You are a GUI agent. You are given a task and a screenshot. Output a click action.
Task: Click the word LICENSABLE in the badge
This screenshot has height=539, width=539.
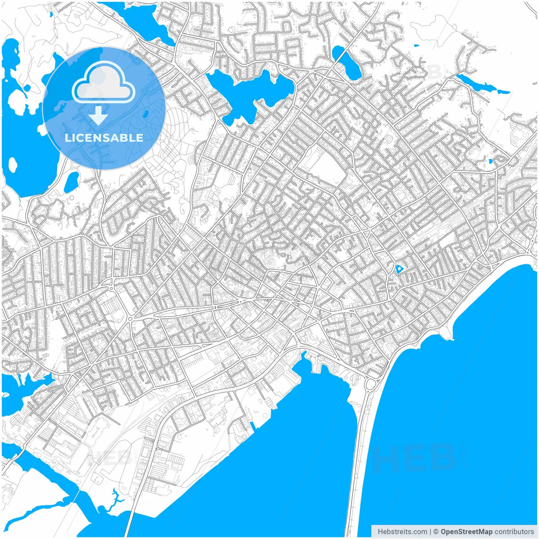tap(104, 138)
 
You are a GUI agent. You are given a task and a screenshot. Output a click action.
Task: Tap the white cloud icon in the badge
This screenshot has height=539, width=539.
tap(104, 83)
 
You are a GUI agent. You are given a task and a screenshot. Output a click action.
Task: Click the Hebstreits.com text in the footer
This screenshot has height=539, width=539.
tap(402, 532)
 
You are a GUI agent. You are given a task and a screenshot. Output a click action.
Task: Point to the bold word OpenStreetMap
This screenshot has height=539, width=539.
tap(466, 532)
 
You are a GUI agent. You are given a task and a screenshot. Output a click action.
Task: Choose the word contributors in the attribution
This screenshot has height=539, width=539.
tap(514, 532)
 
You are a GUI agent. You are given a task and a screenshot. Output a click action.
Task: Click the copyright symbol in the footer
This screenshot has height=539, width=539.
tap(436, 532)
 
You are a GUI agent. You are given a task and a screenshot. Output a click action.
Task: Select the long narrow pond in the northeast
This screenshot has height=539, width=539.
tap(478, 83)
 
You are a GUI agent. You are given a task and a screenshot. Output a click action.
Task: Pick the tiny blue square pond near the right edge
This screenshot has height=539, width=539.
tap(490, 161)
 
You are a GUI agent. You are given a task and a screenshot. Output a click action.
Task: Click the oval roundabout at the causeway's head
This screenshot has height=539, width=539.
tap(370, 384)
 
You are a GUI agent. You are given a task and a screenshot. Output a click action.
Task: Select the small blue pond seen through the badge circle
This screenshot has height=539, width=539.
tap(146, 114)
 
